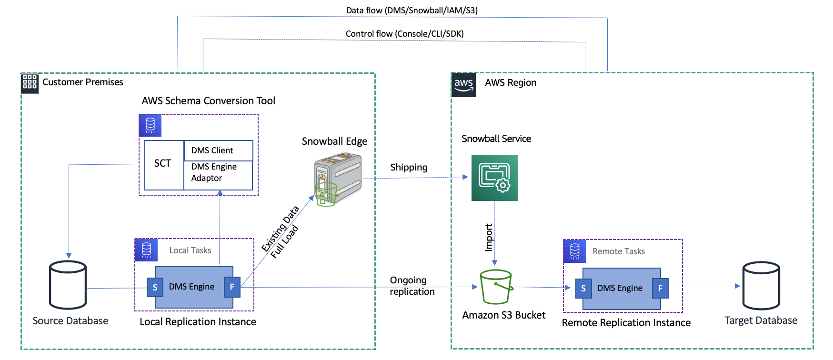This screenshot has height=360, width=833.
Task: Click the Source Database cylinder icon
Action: (x=68, y=285)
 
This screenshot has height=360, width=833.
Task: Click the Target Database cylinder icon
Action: (x=761, y=286)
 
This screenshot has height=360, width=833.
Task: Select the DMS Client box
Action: (x=218, y=150)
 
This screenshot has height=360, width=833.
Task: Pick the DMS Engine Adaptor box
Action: (x=218, y=175)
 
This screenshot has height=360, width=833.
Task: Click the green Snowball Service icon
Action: (x=494, y=178)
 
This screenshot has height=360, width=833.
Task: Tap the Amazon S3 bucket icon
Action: (x=496, y=287)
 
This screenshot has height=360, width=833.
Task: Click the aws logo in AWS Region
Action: (x=463, y=85)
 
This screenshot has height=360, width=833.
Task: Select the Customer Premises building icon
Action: (x=30, y=83)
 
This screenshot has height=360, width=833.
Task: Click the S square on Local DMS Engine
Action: (x=155, y=288)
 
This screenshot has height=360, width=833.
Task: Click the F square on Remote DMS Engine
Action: (x=660, y=288)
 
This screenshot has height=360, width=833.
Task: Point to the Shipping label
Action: (x=409, y=167)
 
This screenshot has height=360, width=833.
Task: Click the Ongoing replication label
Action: (x=412, y=286)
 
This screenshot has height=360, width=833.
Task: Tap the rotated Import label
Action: (x=489, y=237)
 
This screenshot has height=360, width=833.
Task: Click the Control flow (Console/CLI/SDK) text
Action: (x=404, y=34)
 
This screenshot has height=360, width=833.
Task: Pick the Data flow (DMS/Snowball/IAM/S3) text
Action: (x=411, y=10)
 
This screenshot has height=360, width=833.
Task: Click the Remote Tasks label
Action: (x=618, y=251)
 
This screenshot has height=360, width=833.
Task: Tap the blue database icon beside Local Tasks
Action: (x=146, y=250)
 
